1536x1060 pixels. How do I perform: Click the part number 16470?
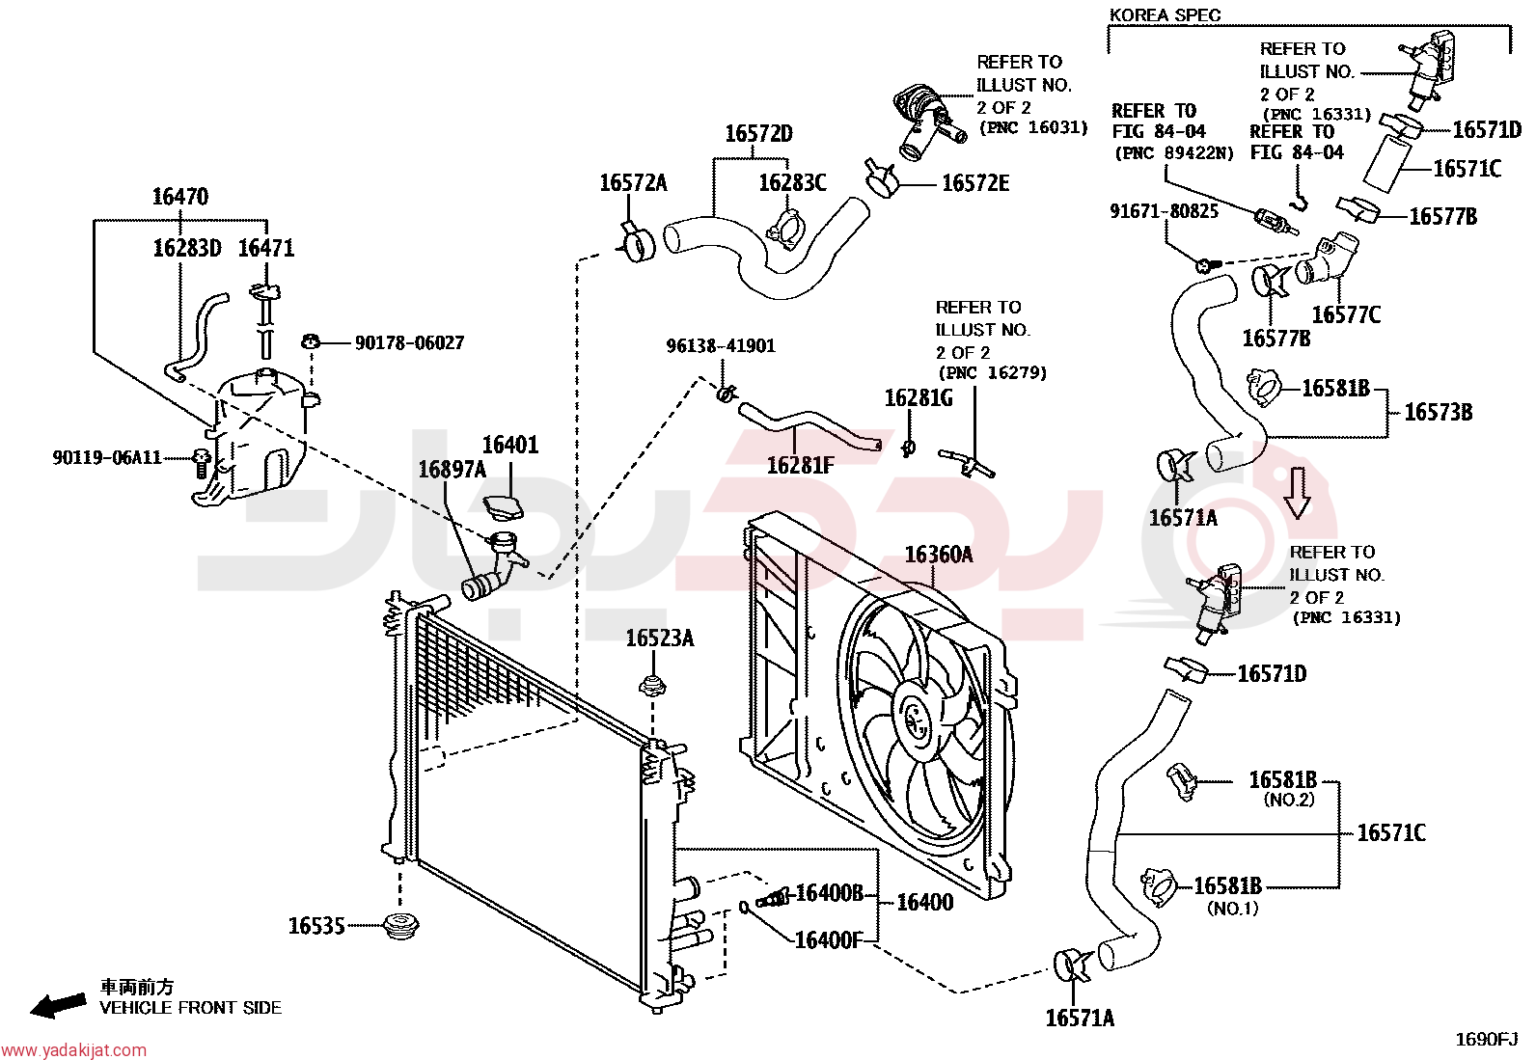180,197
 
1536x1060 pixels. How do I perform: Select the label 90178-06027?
409,342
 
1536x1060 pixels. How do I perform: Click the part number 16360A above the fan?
939,554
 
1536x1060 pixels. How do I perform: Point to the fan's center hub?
917,720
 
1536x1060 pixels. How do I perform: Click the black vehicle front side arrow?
58,1006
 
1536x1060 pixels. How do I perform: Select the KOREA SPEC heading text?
1166,15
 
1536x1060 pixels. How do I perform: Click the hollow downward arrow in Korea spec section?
1297,493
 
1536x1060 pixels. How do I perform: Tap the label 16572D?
758,133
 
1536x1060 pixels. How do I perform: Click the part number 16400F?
828,939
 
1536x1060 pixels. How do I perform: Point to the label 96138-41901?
721,345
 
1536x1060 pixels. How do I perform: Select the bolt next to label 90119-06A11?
202,463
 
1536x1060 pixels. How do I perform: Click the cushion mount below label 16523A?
652,685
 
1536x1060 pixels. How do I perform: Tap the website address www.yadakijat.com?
73,1049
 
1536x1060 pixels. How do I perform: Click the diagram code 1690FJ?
1487,1040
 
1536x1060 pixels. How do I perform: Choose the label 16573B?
1438,412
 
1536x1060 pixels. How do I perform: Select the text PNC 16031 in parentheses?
1033,127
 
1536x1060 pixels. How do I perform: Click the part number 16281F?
800,465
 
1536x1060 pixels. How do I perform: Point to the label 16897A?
452,469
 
